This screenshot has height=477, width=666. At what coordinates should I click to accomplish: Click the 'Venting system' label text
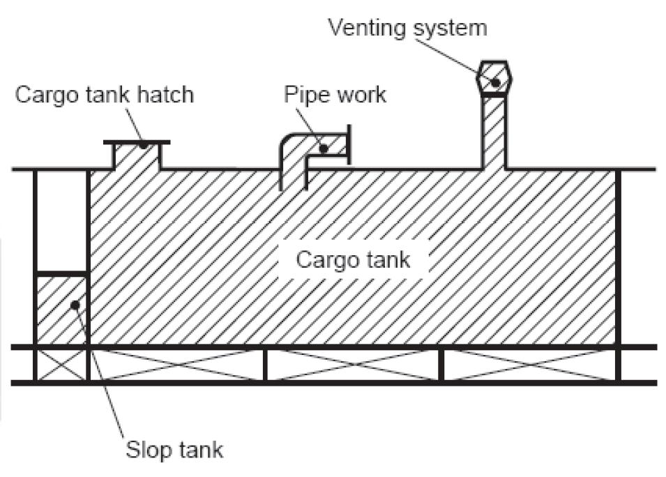point(407,29)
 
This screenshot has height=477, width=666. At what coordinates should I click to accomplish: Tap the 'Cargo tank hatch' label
point(104,95)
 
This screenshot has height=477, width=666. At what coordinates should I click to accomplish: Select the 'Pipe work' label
point(335,95)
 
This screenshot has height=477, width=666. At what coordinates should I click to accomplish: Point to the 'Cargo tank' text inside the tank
point(354,260)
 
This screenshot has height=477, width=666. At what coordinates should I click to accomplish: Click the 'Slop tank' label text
point(174,449)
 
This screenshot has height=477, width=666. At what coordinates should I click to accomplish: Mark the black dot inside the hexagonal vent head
point(495,82)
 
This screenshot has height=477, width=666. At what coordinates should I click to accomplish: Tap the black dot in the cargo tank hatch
point(142,146)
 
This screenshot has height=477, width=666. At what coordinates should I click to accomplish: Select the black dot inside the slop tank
point(75,305)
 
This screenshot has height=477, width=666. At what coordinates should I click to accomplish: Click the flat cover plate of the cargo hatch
point(137,142)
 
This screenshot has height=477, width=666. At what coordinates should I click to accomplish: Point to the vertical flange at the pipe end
point(348,144)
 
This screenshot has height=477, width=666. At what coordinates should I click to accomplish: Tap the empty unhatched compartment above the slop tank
point(61,220)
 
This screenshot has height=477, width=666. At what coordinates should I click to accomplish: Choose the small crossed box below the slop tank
point(61,365)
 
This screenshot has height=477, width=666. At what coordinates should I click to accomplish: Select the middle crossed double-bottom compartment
point(353,365)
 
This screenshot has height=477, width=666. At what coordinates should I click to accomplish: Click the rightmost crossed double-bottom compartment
point(530,365)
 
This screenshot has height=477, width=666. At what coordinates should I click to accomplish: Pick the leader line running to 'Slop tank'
point(101,377)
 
